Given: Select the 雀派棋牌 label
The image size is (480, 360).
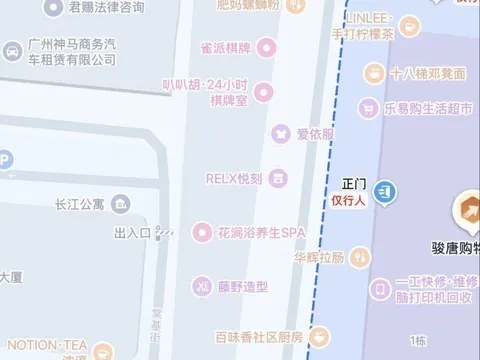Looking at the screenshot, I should coord(227,47).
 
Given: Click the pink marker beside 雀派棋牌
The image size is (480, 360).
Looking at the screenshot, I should coord(265,47).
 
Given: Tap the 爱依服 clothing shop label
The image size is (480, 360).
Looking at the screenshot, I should coord(314,133).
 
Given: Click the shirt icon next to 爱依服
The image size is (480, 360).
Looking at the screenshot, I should coord(281,133).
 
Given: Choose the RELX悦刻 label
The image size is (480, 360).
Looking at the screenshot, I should coord(234,178).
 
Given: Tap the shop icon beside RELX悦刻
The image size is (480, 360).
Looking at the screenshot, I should coord(278,178).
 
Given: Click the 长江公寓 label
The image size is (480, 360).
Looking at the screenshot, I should coord(79,205).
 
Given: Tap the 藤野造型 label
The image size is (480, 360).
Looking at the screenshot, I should coord(243,287).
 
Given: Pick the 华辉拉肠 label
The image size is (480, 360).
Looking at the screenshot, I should coord(318,257).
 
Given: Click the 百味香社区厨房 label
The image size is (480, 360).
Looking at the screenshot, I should coord(257,336).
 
